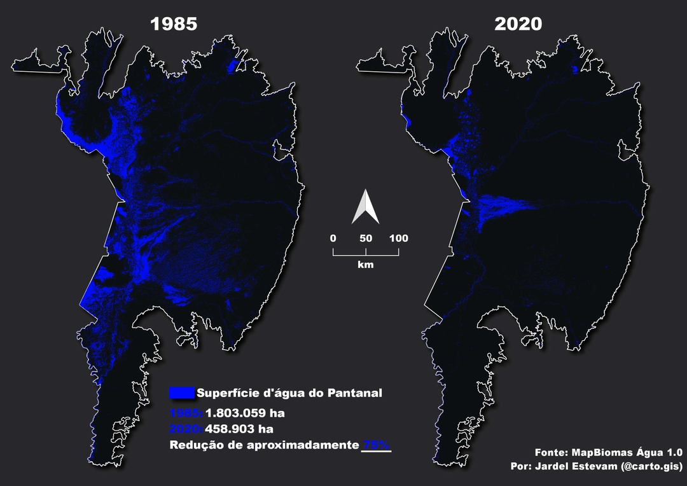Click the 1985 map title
(174, 24)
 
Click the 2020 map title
(518, 24)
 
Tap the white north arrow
(366, 207)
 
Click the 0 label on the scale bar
(333, 239)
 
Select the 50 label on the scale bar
(366, 239)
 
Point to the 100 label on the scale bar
(399, 239)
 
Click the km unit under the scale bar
(366, 263)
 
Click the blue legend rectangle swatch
(181, 392)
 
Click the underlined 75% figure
(376, 445)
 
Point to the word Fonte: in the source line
(551, 453)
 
